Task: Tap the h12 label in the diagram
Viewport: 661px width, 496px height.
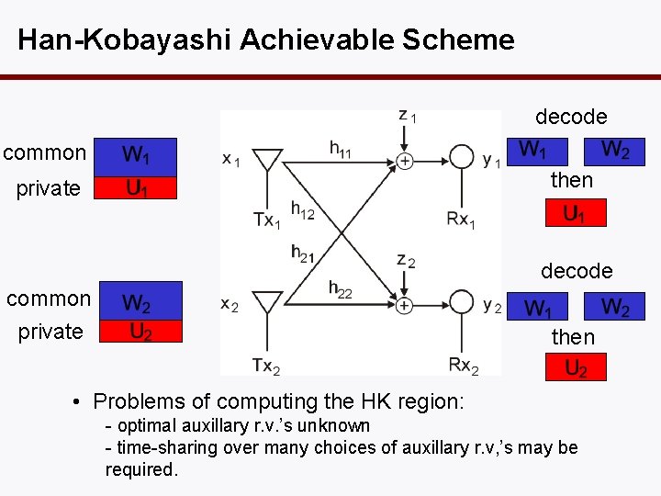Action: (302, 210)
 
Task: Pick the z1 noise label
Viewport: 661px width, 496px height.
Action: (408, 116)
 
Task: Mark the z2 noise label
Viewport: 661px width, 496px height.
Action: (406, 261)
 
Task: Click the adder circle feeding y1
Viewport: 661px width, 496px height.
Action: (404, 160)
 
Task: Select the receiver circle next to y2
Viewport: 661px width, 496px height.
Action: (462, 304)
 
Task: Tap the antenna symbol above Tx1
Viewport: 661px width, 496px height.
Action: (267, 158)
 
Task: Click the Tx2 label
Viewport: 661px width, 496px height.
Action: (266, 366)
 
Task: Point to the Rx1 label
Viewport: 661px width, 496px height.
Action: (461, 220)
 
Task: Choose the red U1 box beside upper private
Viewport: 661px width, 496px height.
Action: (138, 188)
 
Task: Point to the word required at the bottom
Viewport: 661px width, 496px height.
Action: (140, 469)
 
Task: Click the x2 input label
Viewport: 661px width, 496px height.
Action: (230, 304)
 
